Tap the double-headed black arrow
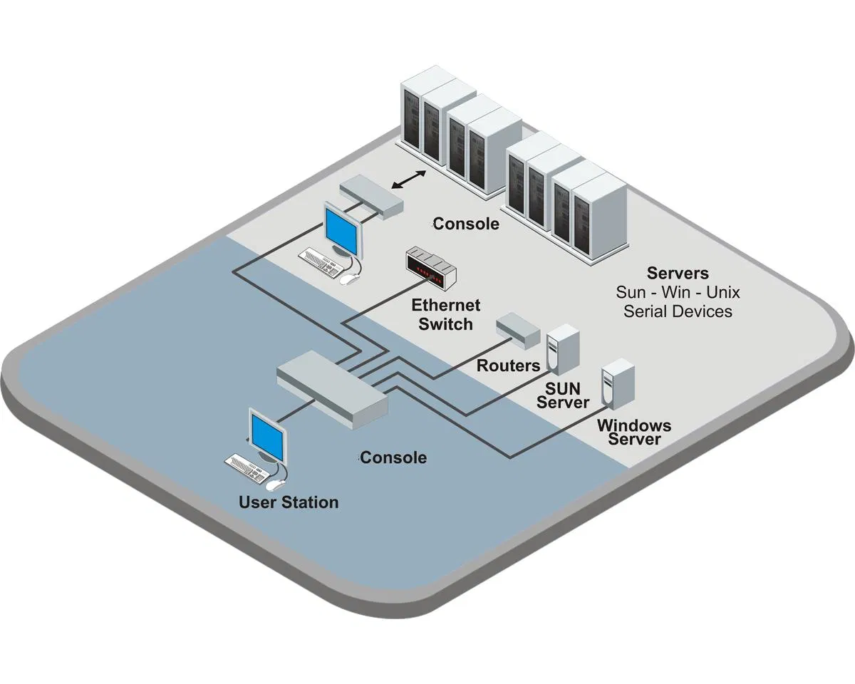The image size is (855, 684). coord(409,180)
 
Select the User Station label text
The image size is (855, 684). coord(289,502)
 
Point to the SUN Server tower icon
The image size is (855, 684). coord(562,348)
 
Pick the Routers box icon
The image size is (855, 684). coord(518,329)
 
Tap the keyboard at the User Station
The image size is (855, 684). coord(247,466)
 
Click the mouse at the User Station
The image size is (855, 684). coord(274,485)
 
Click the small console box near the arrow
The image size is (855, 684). coord(370,196)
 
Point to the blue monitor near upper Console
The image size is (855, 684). coord(342,229)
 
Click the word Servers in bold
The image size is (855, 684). coord(678,273)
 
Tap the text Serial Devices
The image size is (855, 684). coord(678,311)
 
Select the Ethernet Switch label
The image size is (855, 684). coord(446,315)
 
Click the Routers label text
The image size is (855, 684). coord(509,366)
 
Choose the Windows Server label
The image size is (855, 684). coord(634,432)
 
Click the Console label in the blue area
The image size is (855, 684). coord(393,457)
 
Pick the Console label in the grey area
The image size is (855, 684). coord(466,224)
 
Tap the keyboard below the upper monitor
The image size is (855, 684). coord(321,261)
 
